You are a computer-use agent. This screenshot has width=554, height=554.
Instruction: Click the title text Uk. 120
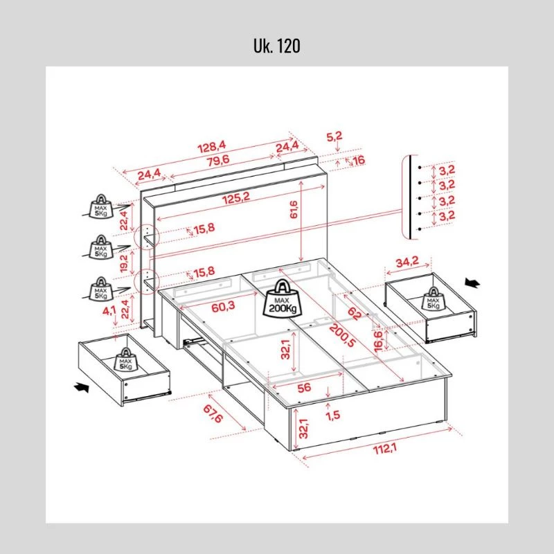click(x=276, y=46)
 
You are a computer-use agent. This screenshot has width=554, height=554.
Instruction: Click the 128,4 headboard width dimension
click(x=212, y=146)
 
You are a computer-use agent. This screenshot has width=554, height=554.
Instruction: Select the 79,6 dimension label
click(x=218, y=161)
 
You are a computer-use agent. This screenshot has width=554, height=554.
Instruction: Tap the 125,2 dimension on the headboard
click(x=236, y=198)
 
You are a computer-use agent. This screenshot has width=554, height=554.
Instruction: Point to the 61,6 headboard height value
click(x=294, y=210)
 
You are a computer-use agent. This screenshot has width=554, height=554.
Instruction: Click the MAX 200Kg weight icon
click(x=283, y=298)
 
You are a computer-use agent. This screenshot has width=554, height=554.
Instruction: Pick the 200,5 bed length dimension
click(x=342, y=335)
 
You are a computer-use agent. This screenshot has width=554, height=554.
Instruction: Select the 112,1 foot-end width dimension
click(x=385, y=449)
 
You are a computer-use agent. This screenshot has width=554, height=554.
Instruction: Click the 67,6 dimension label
click(x=213, y=413)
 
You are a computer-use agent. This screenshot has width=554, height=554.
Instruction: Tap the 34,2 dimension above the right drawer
click(x=407, y=262)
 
